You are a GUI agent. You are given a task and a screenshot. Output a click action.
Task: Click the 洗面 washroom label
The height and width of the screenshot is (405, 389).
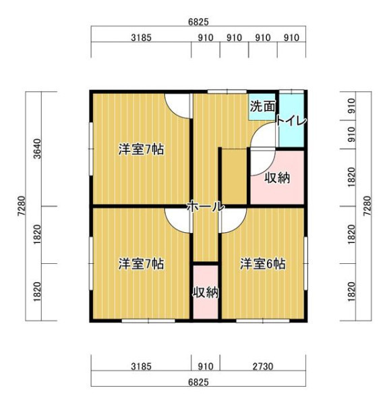tap(262, 106)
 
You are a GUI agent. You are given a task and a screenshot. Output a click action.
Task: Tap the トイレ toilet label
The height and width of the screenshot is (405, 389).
tap(291, 121)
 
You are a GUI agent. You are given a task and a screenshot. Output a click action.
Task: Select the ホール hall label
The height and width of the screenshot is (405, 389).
tap(206, 207)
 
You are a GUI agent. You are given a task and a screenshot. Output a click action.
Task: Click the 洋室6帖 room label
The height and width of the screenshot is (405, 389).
tap(263, 264)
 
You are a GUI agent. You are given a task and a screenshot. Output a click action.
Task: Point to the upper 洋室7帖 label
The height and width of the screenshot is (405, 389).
tap(141, 149)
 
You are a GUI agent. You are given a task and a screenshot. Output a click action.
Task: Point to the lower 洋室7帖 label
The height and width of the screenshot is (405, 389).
tap(141, 264)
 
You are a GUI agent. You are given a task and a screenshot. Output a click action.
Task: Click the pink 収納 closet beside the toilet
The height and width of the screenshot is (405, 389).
tap(277, 178)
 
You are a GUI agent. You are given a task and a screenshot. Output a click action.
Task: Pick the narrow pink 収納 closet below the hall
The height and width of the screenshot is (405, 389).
tap(206, 292)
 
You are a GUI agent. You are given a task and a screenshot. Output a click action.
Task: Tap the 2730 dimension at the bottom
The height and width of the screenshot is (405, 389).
tap(263, 367)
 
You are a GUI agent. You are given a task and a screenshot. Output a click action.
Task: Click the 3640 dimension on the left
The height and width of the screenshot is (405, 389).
tap(37, 148)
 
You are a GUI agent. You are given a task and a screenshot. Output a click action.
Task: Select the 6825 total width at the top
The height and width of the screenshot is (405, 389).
tap(198, 22)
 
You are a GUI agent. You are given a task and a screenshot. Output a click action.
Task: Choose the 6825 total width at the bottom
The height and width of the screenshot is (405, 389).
tap(198, 382)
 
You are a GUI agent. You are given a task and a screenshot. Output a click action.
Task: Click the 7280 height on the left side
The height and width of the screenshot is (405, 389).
tap(22, 206)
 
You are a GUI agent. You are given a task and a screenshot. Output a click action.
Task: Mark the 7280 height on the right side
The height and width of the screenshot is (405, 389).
tap(367, 206)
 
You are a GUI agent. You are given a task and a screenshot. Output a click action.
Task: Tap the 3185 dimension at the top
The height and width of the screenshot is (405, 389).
tap(141, 38)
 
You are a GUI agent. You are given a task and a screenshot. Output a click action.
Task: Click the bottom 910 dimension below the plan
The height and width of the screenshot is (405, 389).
tap(206, 367)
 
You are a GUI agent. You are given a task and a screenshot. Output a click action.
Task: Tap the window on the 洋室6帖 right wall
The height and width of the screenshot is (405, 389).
tap(305, 263)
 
